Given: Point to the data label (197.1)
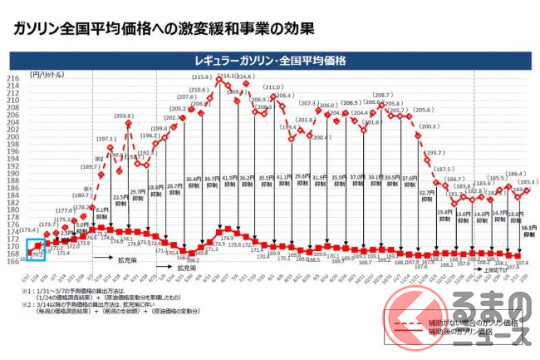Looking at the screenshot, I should [x=106, y=140].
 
